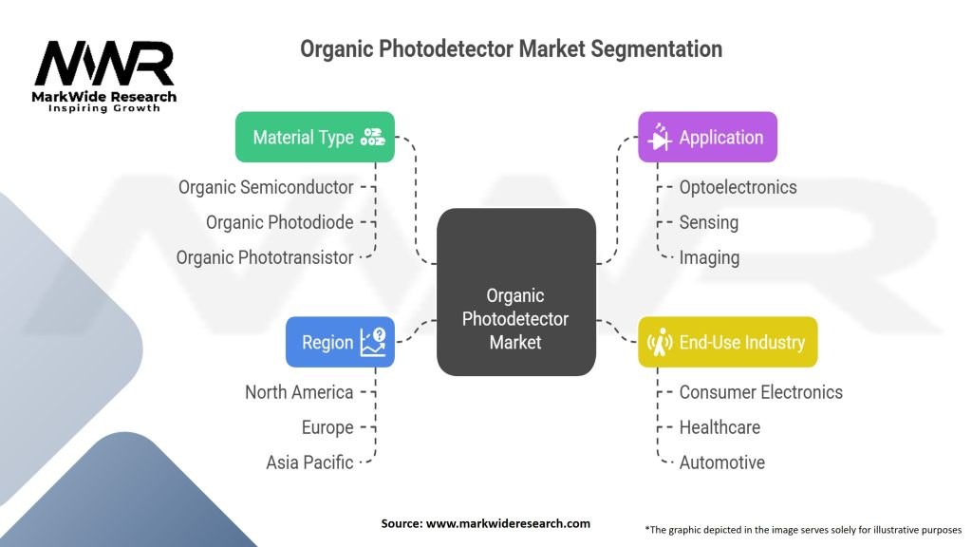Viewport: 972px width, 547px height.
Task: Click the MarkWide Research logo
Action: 104,76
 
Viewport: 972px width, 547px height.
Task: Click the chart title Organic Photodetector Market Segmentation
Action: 511,48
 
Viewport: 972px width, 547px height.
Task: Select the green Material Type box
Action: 315,137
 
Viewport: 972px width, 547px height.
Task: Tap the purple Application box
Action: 707,137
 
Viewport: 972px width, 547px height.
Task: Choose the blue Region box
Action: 340,342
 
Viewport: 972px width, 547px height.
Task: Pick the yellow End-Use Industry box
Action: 727,342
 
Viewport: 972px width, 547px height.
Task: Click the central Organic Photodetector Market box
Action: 515,318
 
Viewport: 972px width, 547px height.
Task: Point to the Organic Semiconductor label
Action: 266,187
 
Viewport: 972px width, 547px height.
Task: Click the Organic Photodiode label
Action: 280,222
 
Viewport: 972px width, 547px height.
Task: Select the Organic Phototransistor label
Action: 265,257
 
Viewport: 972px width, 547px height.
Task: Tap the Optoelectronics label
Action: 738,187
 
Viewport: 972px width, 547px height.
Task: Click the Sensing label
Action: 708,222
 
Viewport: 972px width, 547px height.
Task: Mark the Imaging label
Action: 709,257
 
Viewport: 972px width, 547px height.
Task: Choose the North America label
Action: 299,392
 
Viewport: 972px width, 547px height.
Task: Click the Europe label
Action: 327,427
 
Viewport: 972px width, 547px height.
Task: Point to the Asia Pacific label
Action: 309,462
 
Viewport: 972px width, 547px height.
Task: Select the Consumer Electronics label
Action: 760,392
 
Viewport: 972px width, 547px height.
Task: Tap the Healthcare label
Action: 720,427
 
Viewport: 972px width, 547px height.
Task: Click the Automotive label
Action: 721,462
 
